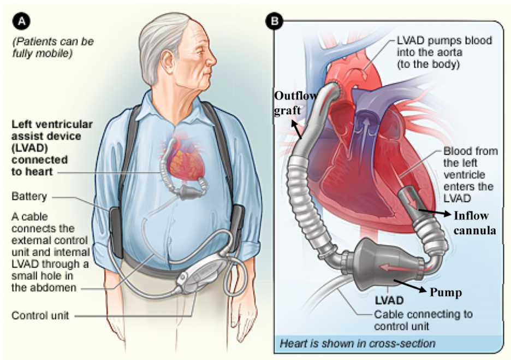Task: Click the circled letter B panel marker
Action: tap(274, 22)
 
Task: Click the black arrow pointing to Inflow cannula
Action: tap(435, 213)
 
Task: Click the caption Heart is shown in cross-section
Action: tap(357, 344)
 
